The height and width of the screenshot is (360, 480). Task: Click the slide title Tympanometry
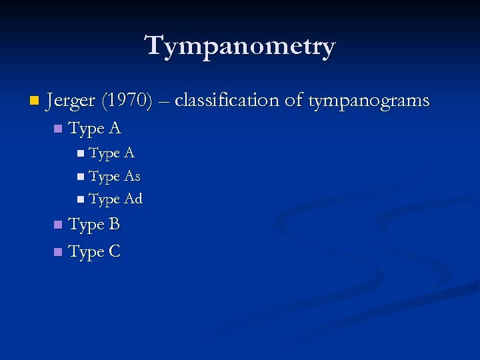(240, 47)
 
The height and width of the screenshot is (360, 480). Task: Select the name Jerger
(71, 101)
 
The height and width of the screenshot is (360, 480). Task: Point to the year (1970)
(127, 101)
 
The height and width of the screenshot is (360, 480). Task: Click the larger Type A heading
(95, 128)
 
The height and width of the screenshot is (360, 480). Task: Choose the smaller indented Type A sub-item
(111, 153)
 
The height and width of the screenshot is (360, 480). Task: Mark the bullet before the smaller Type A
(81, 154)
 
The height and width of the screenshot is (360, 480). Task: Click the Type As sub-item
(114, 177)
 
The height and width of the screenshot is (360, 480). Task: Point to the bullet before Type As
(81, 177)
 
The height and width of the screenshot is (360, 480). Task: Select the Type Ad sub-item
(115, 199)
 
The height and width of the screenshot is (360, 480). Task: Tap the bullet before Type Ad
(81, 199)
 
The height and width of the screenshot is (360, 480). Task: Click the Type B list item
(94, 225)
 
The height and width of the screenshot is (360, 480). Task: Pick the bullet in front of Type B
(58, 225)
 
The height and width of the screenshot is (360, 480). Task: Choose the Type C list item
(95, 252)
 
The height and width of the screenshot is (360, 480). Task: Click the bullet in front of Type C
(58, 253)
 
